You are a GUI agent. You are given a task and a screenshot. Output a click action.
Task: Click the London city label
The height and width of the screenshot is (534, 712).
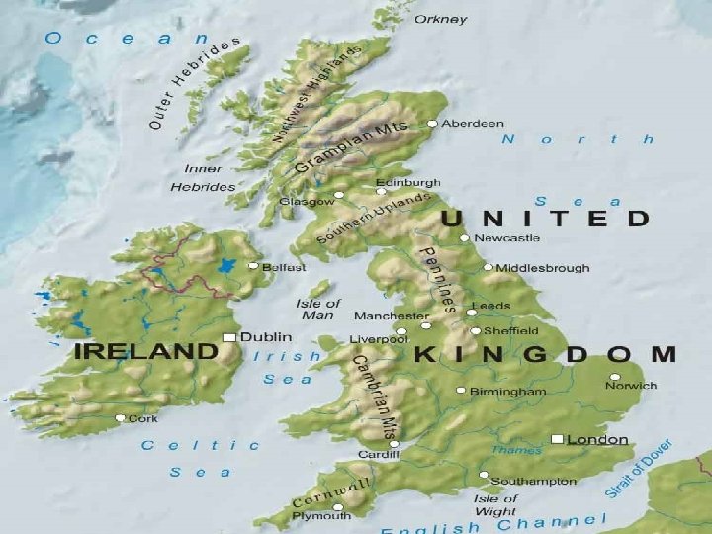[x=598, y=439]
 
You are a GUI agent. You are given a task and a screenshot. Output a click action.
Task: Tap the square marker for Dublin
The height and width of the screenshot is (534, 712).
[x=230, y=337]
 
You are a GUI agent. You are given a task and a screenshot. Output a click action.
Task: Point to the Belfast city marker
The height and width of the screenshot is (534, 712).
[x=253, y=266]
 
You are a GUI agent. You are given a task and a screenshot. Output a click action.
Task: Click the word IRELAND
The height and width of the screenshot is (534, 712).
[x=145, y=351]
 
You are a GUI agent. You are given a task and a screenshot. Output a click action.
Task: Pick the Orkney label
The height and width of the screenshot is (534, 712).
[x=441, y=19]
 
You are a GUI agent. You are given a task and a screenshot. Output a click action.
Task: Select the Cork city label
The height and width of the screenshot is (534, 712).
[x=143, y=418]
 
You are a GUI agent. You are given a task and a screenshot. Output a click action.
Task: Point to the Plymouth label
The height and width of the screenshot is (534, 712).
[x=321, y=515]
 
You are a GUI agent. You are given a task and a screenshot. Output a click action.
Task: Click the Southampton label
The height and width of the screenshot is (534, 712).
[x=534, y=481]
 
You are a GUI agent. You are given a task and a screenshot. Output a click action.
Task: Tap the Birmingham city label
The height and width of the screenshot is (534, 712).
[x=508, y=391]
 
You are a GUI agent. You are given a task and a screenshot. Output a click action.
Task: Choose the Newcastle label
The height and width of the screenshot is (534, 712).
[x=507, y=238]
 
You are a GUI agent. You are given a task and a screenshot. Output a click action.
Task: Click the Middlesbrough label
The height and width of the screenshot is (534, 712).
[x=543, y=268]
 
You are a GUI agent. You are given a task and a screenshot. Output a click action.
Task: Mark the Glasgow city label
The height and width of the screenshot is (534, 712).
[x=307, y=202]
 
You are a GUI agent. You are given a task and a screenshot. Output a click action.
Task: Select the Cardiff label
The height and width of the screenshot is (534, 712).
[x=379, y=455]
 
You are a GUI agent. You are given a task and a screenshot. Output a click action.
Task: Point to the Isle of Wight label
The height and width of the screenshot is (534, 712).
[x=494, y=504]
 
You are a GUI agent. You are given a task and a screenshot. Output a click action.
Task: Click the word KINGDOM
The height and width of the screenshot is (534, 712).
[x=545, y=354]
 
